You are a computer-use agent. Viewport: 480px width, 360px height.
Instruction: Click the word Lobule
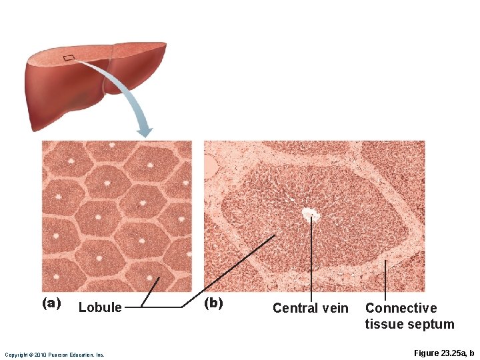[100, 307]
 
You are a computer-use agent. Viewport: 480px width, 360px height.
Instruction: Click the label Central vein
[310, 308]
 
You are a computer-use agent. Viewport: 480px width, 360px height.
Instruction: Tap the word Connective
[401, 308]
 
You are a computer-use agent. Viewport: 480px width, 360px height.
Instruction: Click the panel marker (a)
[52, 303]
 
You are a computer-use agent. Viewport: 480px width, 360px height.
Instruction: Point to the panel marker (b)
[213, 303]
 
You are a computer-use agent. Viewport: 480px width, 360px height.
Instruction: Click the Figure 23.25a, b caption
[443, 353]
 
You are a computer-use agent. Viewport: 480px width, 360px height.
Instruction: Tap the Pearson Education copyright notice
[55, 355]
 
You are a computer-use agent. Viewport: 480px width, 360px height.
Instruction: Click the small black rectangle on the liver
[69, 58]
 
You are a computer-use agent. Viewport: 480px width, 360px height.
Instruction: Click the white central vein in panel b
[309, 214]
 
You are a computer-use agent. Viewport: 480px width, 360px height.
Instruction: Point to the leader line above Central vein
[311, 260]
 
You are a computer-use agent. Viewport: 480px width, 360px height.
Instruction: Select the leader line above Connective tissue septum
[385, 280]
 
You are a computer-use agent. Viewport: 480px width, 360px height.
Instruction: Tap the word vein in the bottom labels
[334, 308]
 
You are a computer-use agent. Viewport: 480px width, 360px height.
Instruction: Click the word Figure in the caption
[427, 353]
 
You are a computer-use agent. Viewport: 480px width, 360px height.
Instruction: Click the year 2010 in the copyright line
[38, 355]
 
